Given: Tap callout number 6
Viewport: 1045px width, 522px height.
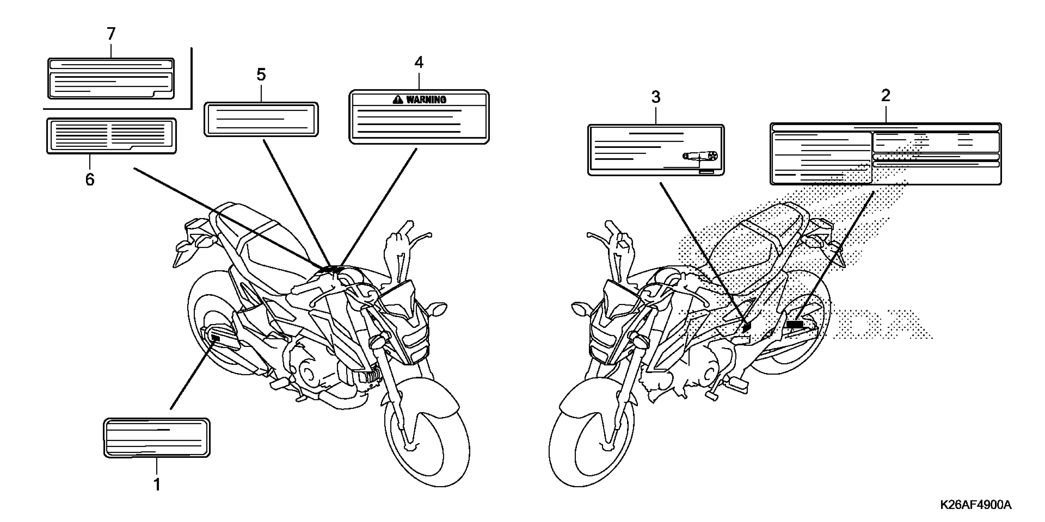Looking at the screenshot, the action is click(x=90, y=179).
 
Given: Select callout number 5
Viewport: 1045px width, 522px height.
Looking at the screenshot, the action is click(x=261, y=75).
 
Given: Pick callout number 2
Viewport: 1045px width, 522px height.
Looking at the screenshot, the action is click(x=885, y=95).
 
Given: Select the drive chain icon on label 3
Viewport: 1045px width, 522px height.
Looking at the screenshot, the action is click(x=700, y=156).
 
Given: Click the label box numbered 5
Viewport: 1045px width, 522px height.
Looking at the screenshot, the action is click(x=261, y=119).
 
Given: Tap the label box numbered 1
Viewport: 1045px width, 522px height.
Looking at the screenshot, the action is click(x=156, y=438).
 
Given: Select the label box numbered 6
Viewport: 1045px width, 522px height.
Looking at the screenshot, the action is click(x=111, y=136).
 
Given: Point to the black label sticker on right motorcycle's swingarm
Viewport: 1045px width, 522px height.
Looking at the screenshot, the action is click(x=795, y=324).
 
